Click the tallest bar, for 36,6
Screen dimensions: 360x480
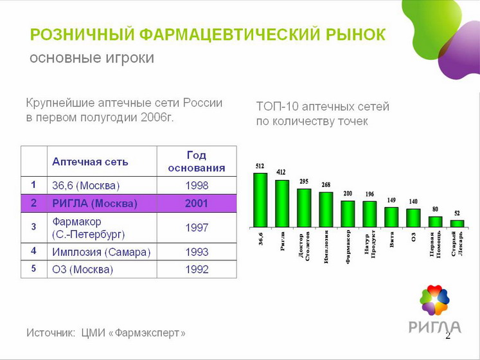pyautogui.click(x=260, y=200)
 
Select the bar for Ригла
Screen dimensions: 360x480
pyautogui.click(x=282, y=204)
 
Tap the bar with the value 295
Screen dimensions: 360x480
pyautogui.click(x=304, y=208)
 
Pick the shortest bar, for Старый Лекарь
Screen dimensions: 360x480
pyautogui.click(x=457, y=224)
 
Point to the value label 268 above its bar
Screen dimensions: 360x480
pyautogui.click(x=326, y=184)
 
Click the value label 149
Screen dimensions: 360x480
pyautogui.click(x=391, y=201)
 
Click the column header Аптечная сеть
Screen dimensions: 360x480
pyautogui.click(x=90, y=161)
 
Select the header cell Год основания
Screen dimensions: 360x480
pyautogui.click(x=196, y=161)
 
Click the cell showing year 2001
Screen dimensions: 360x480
pyautogui.click(x=196, y=204)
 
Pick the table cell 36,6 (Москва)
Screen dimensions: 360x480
pyautogui.click(x=86, y=185)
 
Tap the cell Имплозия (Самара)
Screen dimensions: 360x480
pyautogui.click(x=101, y=252)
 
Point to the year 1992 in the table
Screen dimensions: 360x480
pyautogui.click(x=196, y=269)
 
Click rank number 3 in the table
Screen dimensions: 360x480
pyautogui.click(x=33, y=227)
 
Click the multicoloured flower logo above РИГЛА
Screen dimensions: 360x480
pyautogui.click(x=434, y=300)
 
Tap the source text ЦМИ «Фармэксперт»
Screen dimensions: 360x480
pyautogui.click(x=134, y=333)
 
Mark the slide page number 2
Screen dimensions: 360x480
pyautogui.click(x=448, y=336)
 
